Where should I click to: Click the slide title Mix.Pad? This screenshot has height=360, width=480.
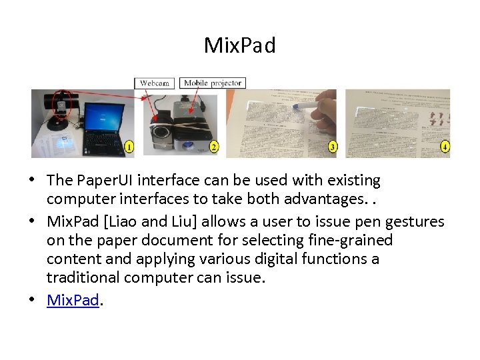click(x=239, y=46)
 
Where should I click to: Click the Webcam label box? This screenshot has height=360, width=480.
click(x=155, y=83)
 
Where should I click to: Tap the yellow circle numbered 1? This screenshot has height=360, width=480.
click(x=129, y=146)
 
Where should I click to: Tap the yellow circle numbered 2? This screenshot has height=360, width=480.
click(x=213, y=146)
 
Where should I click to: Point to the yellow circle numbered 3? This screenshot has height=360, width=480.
click(x=332, y=146)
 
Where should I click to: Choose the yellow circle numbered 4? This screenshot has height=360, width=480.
click(x=445, y=146)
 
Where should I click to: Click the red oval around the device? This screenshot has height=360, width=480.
click(x=62, y=105)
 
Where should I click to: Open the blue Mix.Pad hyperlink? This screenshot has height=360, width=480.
click(x=73, y=300)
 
